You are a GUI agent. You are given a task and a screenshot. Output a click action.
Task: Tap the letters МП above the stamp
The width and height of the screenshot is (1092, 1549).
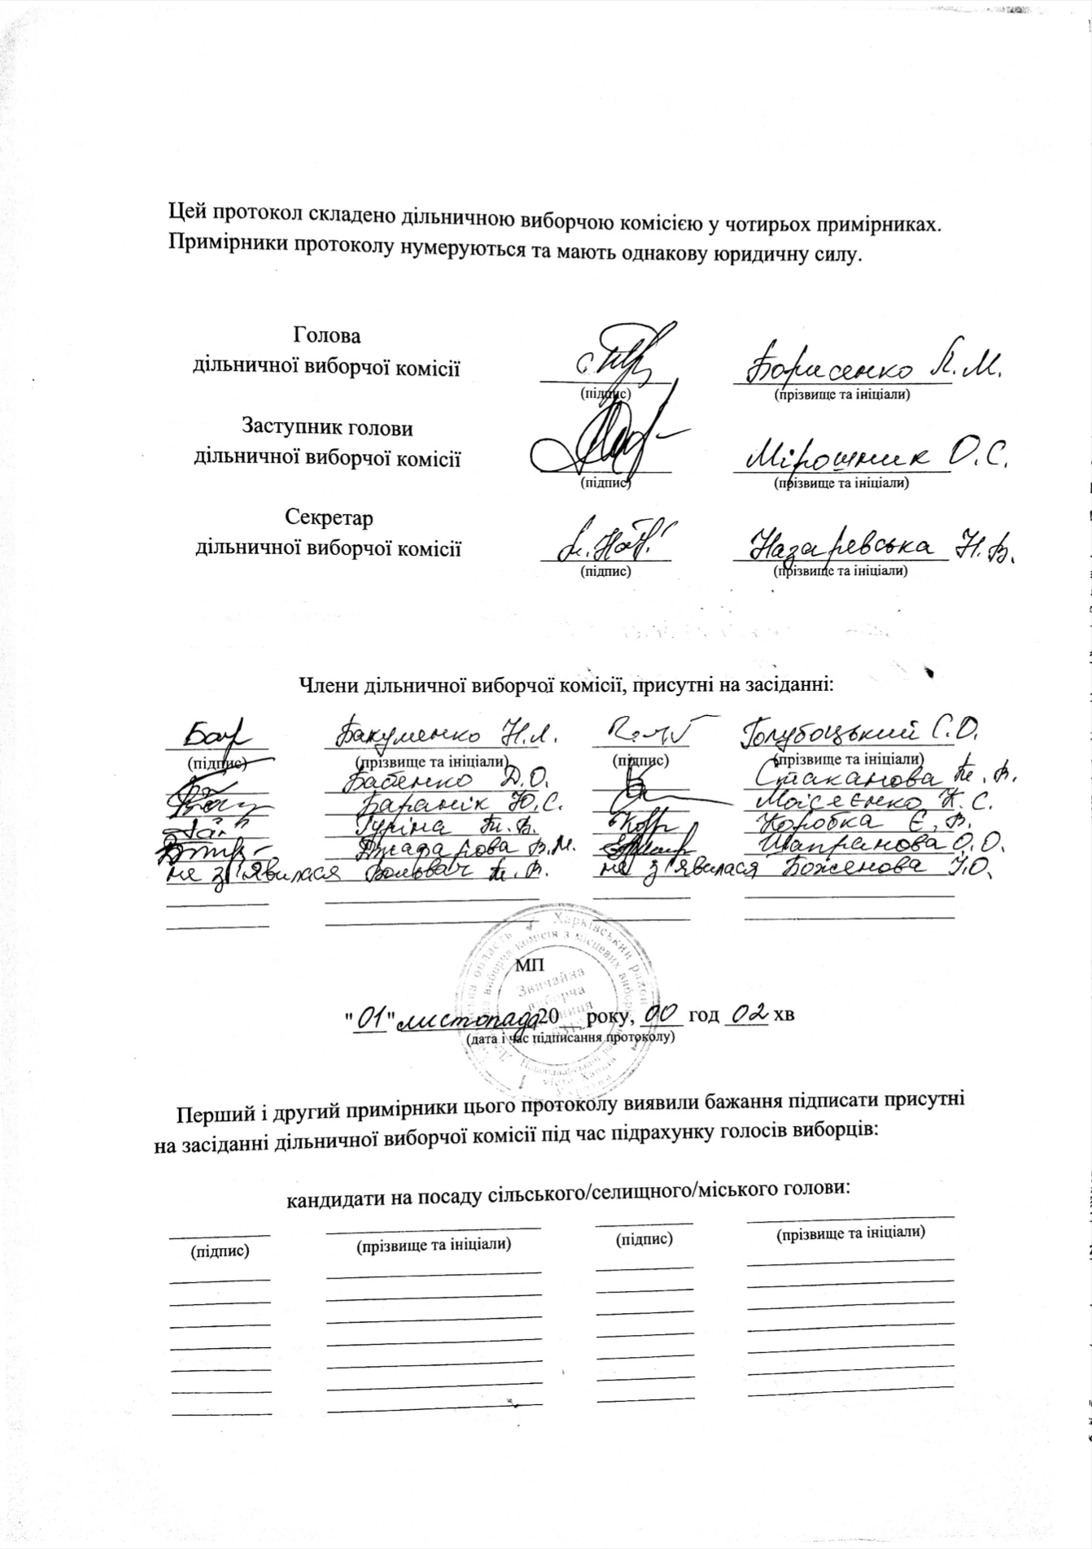[529, 966]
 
